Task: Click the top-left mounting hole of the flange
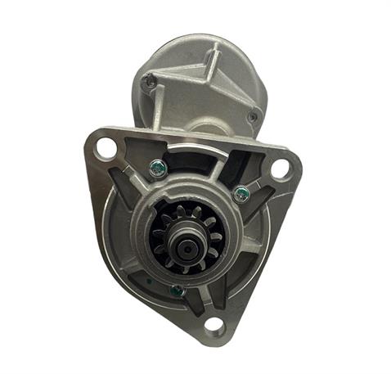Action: [x=106, y=148]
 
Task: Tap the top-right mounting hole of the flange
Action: [x=281, y=169]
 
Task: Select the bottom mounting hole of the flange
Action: [x=213, y=327]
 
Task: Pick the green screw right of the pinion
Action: [x=241, y=194]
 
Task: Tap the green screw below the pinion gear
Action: [x=177, y=288]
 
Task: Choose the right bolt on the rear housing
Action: [x=253, y=116]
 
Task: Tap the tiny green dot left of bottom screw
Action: [x=151, y=280]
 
